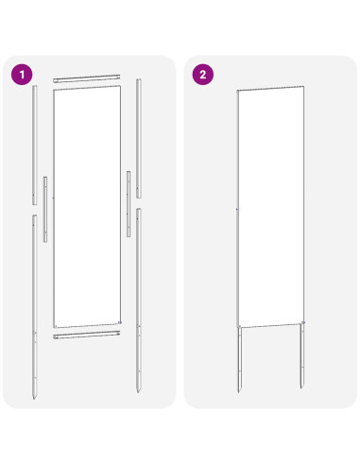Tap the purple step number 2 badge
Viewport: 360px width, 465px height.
(x=202, y=73)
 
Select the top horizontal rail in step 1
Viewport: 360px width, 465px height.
(x=87, y=79)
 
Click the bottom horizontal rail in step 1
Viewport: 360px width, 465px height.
(x=88, y=334)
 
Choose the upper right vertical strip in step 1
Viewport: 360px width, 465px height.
(x=139, y=137)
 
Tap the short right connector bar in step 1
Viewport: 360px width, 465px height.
(x=129, y=203)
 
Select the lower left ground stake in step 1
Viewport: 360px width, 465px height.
(x=35, y=302)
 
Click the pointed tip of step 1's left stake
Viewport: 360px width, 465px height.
(x=35, y=397)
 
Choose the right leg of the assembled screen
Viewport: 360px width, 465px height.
(x=303, y=357)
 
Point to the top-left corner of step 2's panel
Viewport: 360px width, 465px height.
(x=237, y=92)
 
